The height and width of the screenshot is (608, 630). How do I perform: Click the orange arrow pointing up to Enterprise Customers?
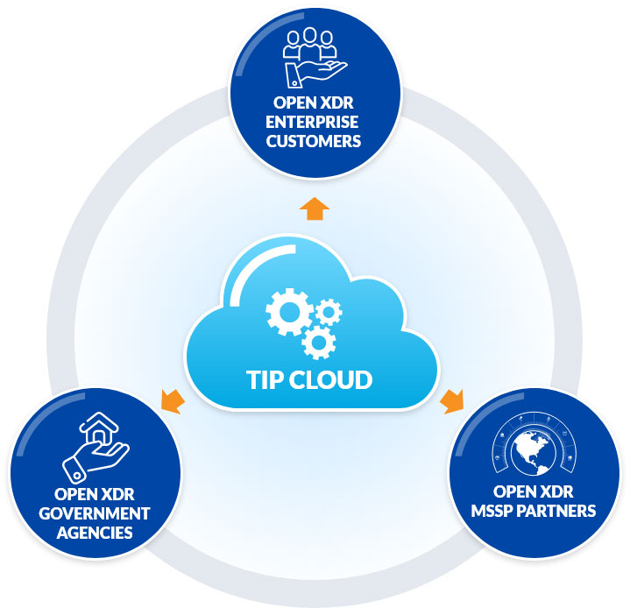(x=315, y=209)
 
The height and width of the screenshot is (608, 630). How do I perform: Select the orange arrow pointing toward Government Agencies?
(x=173, y=401)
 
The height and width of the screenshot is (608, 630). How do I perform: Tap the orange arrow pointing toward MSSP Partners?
(x=452, y=401)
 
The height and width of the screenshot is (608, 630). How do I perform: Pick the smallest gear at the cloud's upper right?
(x=329, y=310)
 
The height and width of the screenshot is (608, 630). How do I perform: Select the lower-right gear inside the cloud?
(x=318, y=340)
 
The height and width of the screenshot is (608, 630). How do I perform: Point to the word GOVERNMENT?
(x=96, y=513)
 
